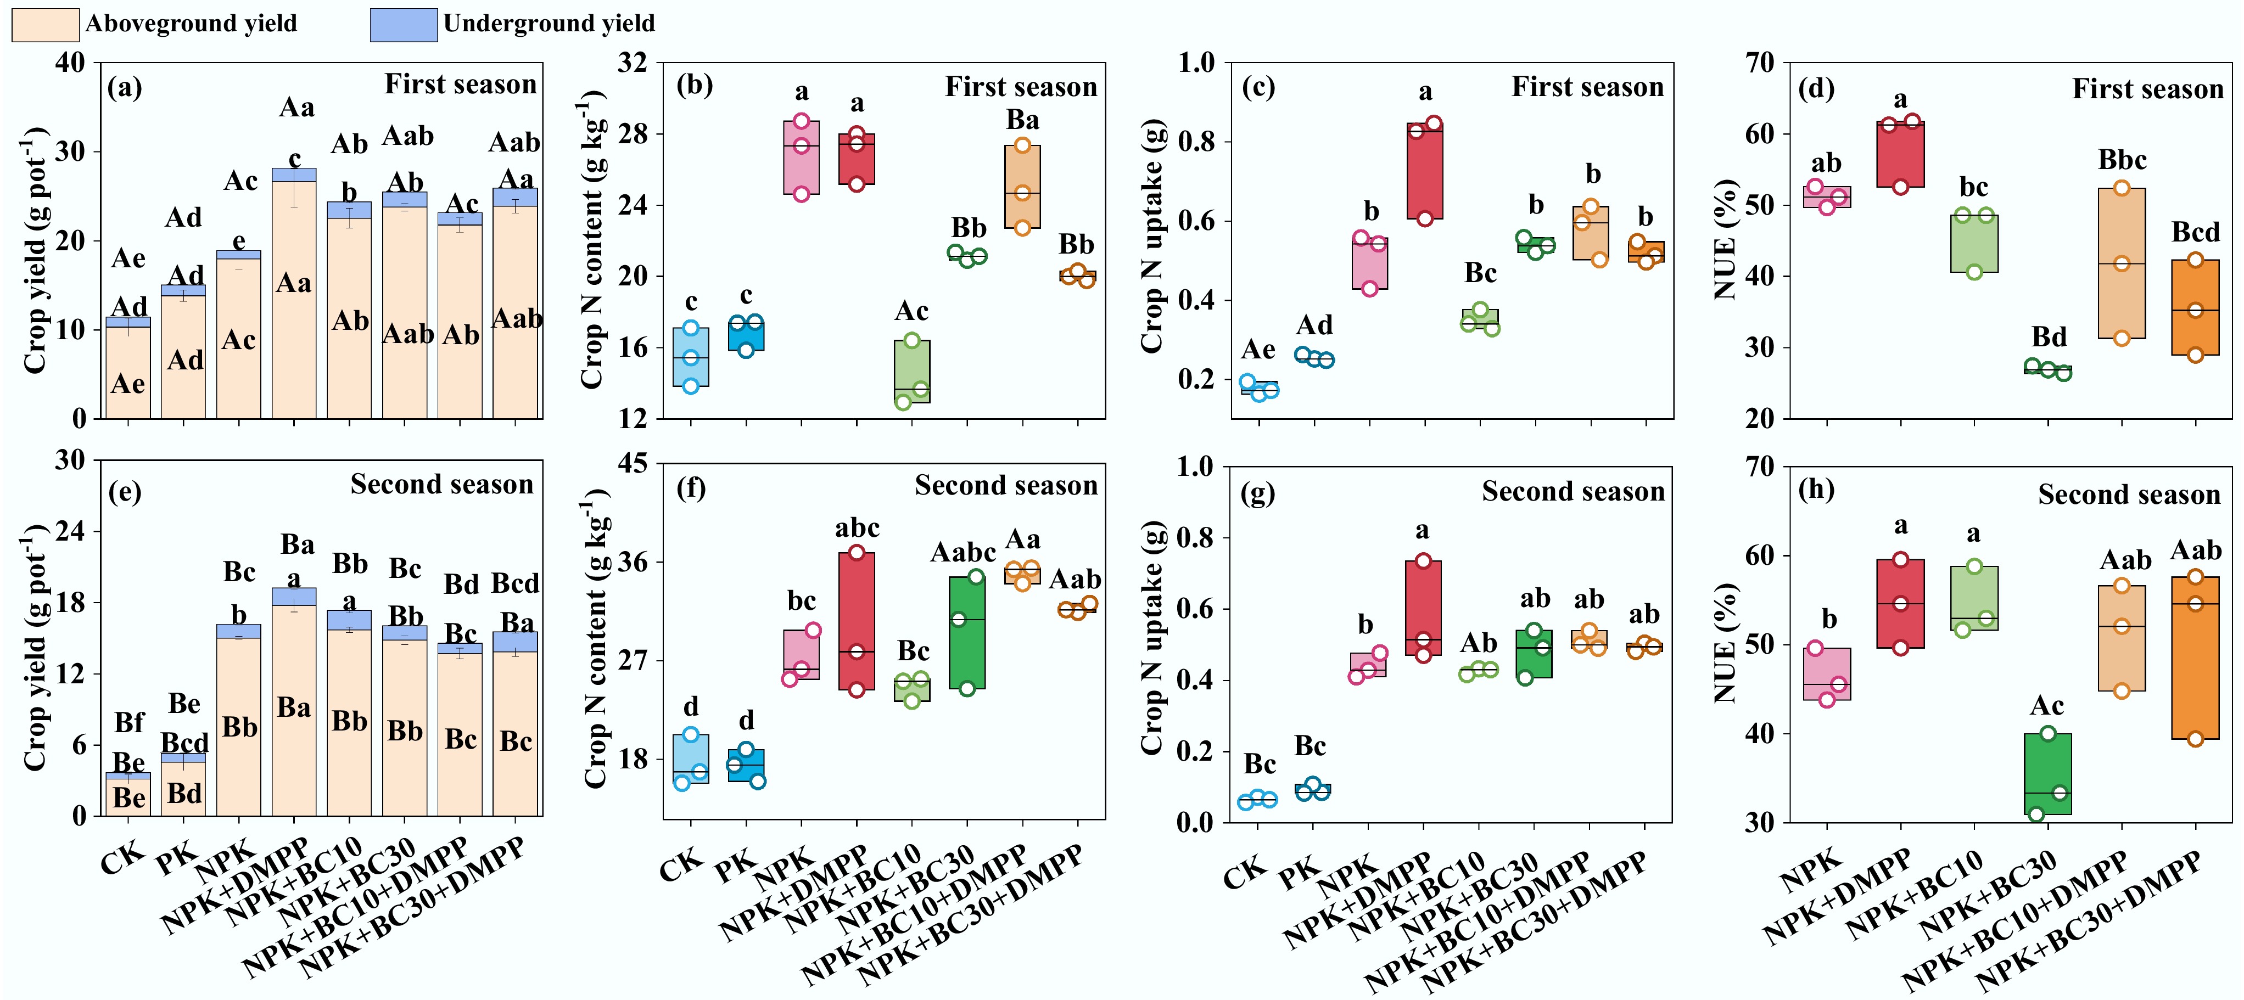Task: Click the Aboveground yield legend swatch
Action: coord(46,24)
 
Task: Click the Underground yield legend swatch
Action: coord(404,24)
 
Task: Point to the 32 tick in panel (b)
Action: coord(633,63)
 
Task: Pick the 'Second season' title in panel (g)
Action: coord(1573,492)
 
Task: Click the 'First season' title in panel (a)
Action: coord(460,85)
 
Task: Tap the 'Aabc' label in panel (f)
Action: coord(962,552)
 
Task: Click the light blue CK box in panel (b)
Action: coord(690,357)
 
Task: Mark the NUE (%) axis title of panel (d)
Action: coord(1727,239)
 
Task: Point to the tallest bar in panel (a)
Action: coord(294,296)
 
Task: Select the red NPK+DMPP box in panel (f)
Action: coord(857,621)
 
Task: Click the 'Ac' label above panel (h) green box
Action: coord(2046,706)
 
